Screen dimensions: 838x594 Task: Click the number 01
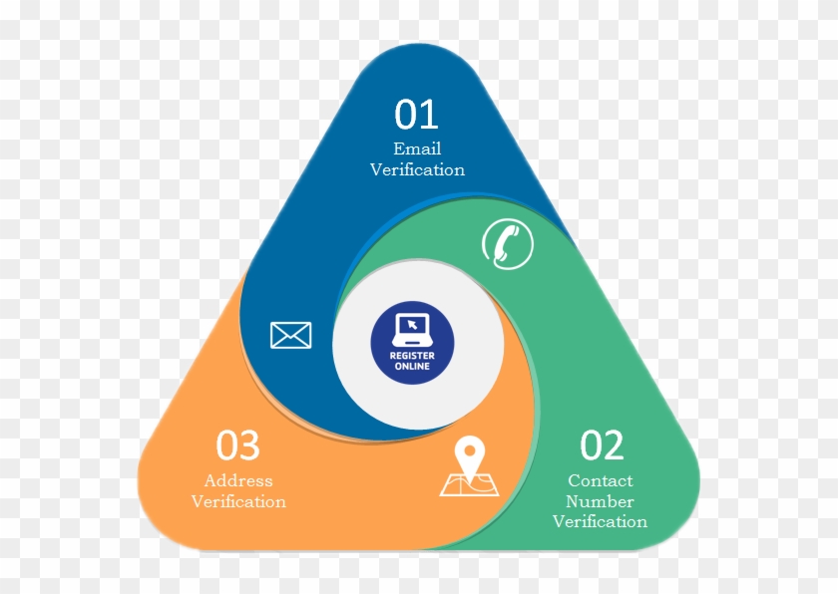point(416,114)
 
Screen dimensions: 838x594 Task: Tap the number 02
point(602,445)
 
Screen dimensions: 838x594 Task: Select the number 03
point(237,445)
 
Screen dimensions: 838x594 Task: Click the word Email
point(417,148)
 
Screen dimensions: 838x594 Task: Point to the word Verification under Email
point(417,169)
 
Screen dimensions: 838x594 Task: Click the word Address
point(238,480)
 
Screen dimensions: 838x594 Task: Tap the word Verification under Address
point(238,501)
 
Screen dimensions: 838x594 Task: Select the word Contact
point(601,480)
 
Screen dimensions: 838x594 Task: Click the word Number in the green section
point(600,501)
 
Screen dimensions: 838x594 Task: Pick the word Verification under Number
point(600,521)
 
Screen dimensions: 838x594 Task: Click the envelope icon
point(290,335)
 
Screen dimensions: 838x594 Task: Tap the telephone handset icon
point(507,243)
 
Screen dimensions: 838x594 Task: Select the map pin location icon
point(469,467)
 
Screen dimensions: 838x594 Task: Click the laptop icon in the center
point(411,330)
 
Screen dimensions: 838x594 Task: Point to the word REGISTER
point(412,356)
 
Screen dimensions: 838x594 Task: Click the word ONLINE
point(412,366)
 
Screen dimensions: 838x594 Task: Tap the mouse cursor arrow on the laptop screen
point(411,325)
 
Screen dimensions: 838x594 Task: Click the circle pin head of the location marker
point(470,450)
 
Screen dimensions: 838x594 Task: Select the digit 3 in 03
point(249,445)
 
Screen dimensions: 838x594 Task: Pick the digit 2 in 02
point(614,445)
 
